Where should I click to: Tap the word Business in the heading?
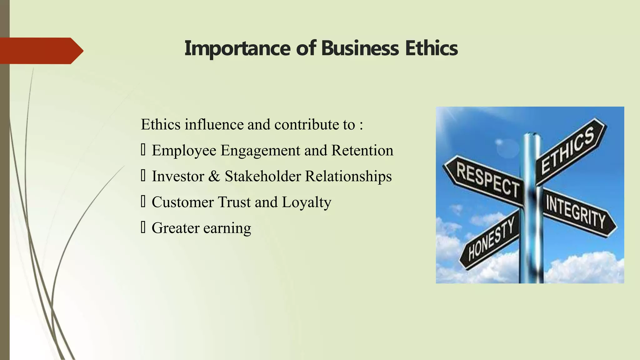tap(360, 48)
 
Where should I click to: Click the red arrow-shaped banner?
tap(41, 51)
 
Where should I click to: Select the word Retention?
tap(362, 150)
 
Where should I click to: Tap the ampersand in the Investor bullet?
tap(214, 176)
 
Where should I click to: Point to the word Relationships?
tap(348, 177)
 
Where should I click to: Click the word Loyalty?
tap(306, 203)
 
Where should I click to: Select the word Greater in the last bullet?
tap(175, 228)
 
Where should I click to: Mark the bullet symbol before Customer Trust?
tap(143, 202)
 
